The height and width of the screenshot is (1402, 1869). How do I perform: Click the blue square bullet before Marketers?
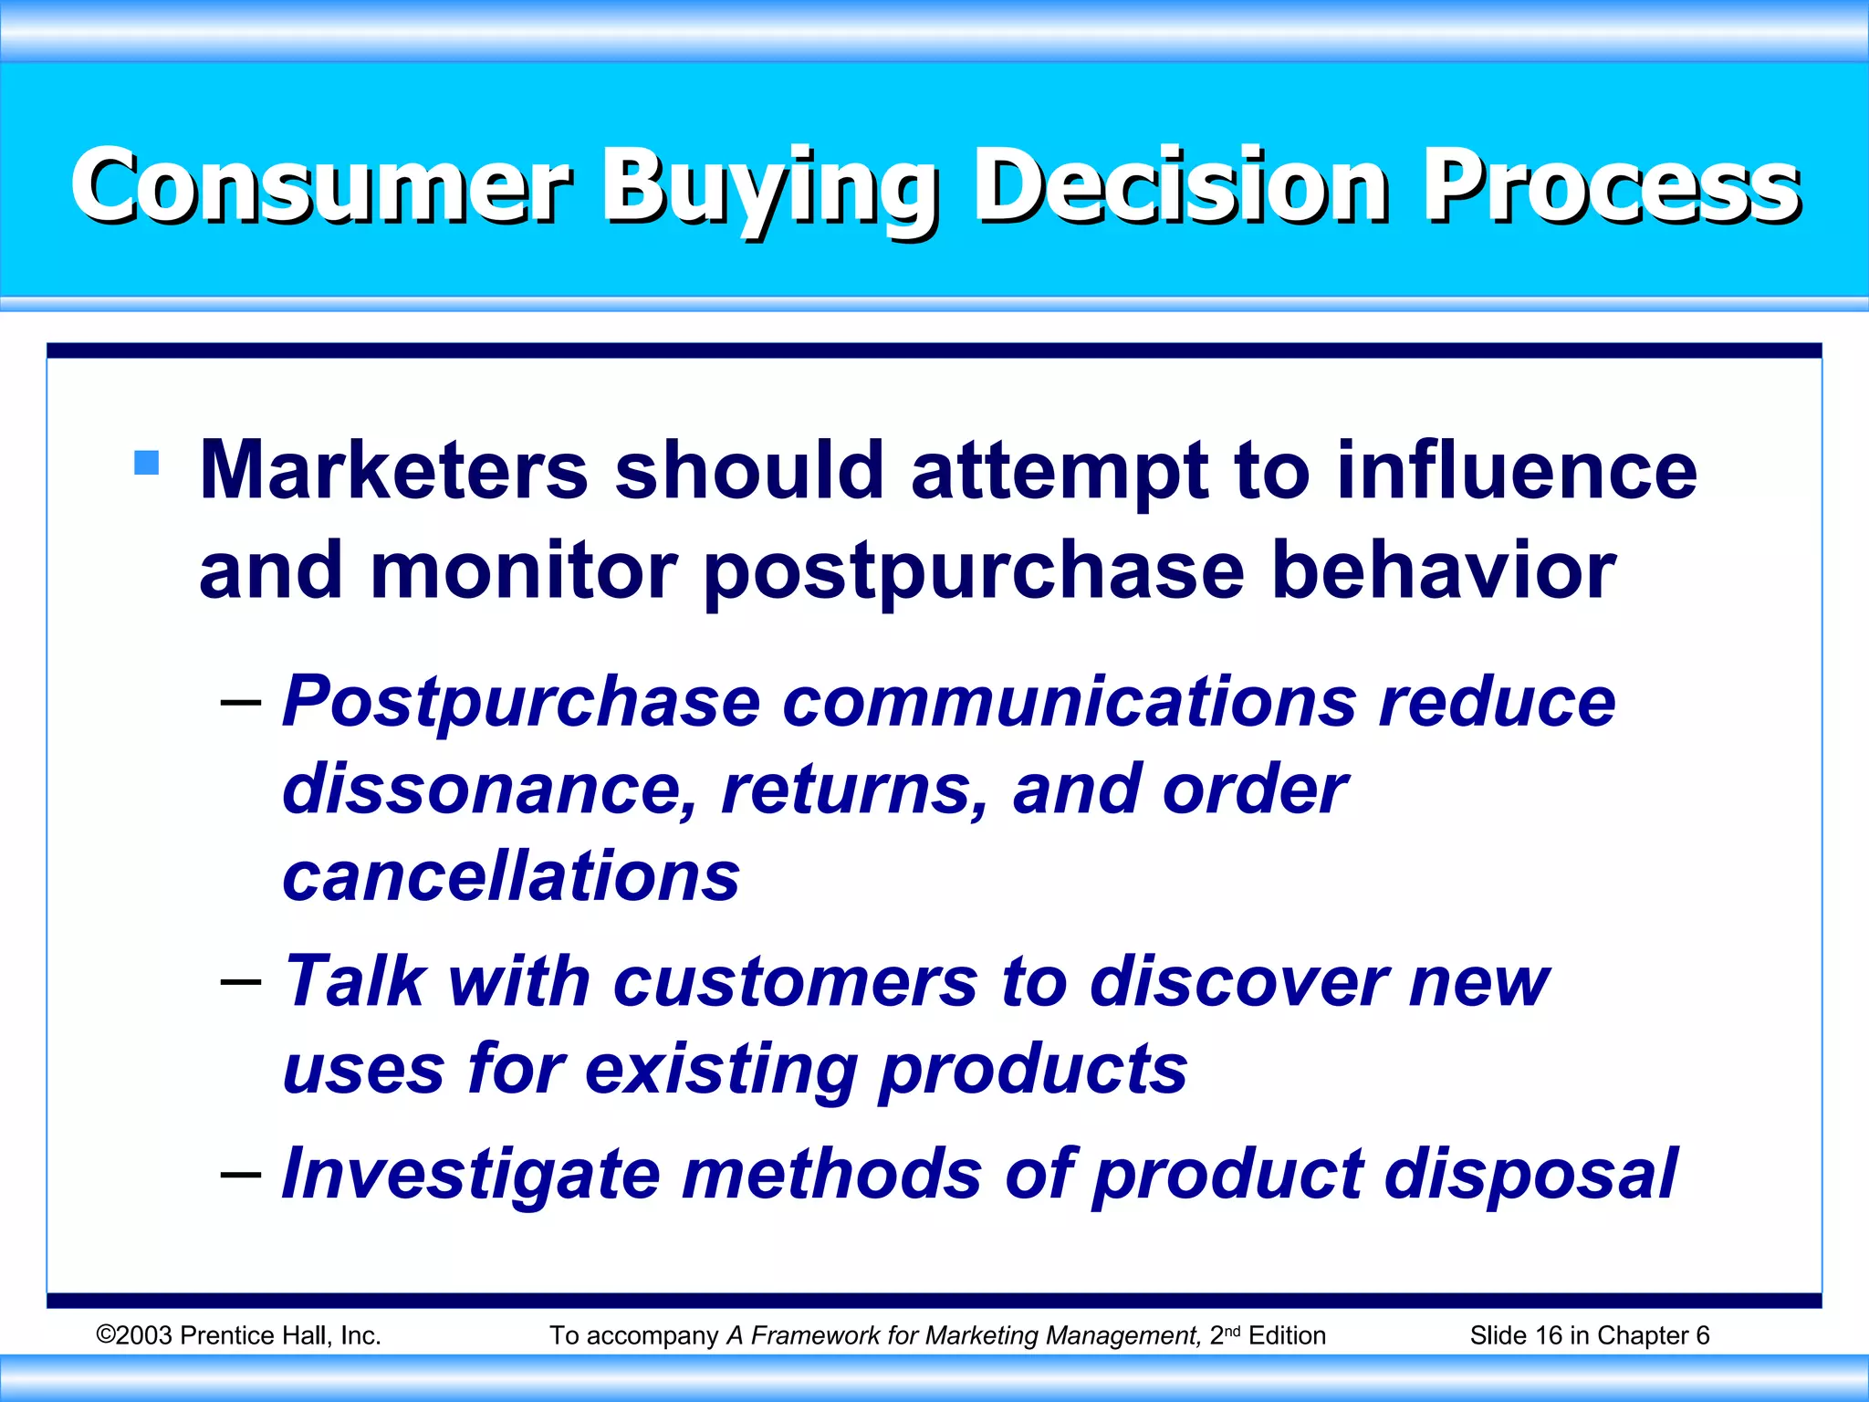146,463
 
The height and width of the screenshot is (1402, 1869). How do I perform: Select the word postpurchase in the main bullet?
974,572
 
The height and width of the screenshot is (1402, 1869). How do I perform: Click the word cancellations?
511,876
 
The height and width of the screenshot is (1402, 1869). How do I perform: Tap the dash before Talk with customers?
241,982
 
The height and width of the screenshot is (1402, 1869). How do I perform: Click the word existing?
721,1070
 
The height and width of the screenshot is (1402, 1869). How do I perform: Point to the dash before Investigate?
241,1173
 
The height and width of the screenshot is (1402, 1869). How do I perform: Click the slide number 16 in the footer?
1549,1335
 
